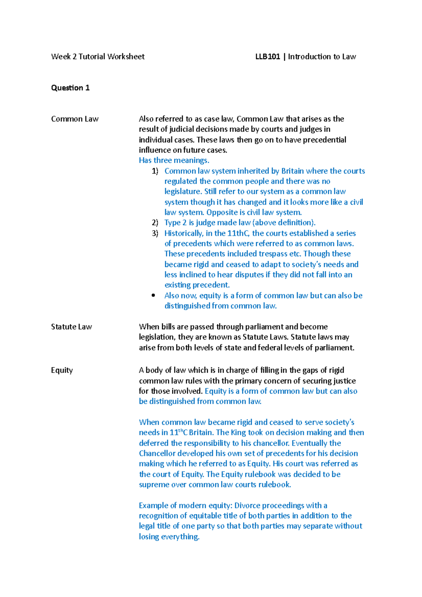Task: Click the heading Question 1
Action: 70,88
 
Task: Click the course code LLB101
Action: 268,57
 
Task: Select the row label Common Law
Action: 75,119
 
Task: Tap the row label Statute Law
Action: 71,327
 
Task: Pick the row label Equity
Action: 62,370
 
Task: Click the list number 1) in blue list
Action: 155,171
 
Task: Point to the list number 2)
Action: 155,223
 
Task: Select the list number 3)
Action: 155,233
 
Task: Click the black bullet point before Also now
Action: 153,296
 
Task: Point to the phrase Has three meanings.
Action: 174,160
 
